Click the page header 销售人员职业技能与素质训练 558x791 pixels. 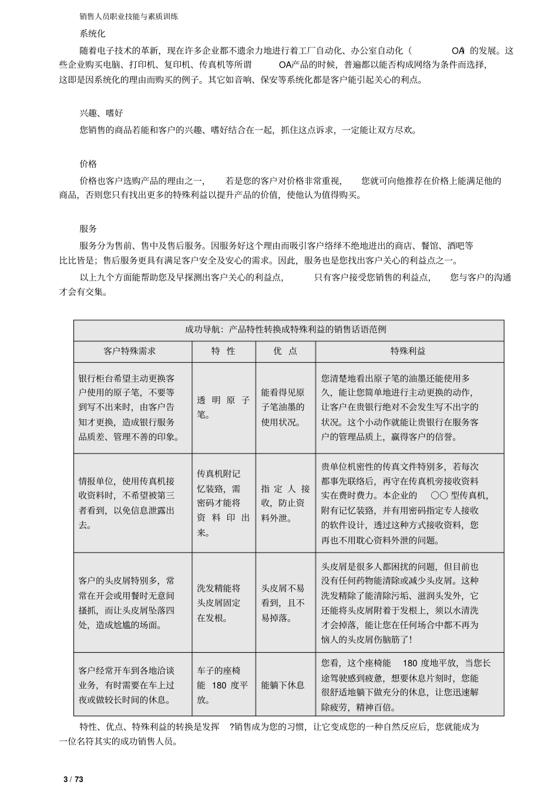pos(129,16)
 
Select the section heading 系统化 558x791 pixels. pos(92,34)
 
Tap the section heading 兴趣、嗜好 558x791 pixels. pos(101,113)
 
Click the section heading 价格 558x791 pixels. pos(88,163)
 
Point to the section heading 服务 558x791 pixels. pos(88,229)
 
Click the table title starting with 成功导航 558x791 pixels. pos(288,330)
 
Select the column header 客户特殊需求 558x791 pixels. pos(133,351)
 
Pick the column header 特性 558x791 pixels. pos(224,351)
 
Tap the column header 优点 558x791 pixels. pos(285,351)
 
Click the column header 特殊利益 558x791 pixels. pos(409,351)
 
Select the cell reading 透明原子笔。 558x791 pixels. pos(223,407)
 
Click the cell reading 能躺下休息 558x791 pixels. pos(283,685)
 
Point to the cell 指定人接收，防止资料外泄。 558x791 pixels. pos(285,503)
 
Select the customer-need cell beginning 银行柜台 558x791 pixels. pos(133,407)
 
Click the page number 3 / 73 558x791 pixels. pos(73,779)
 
